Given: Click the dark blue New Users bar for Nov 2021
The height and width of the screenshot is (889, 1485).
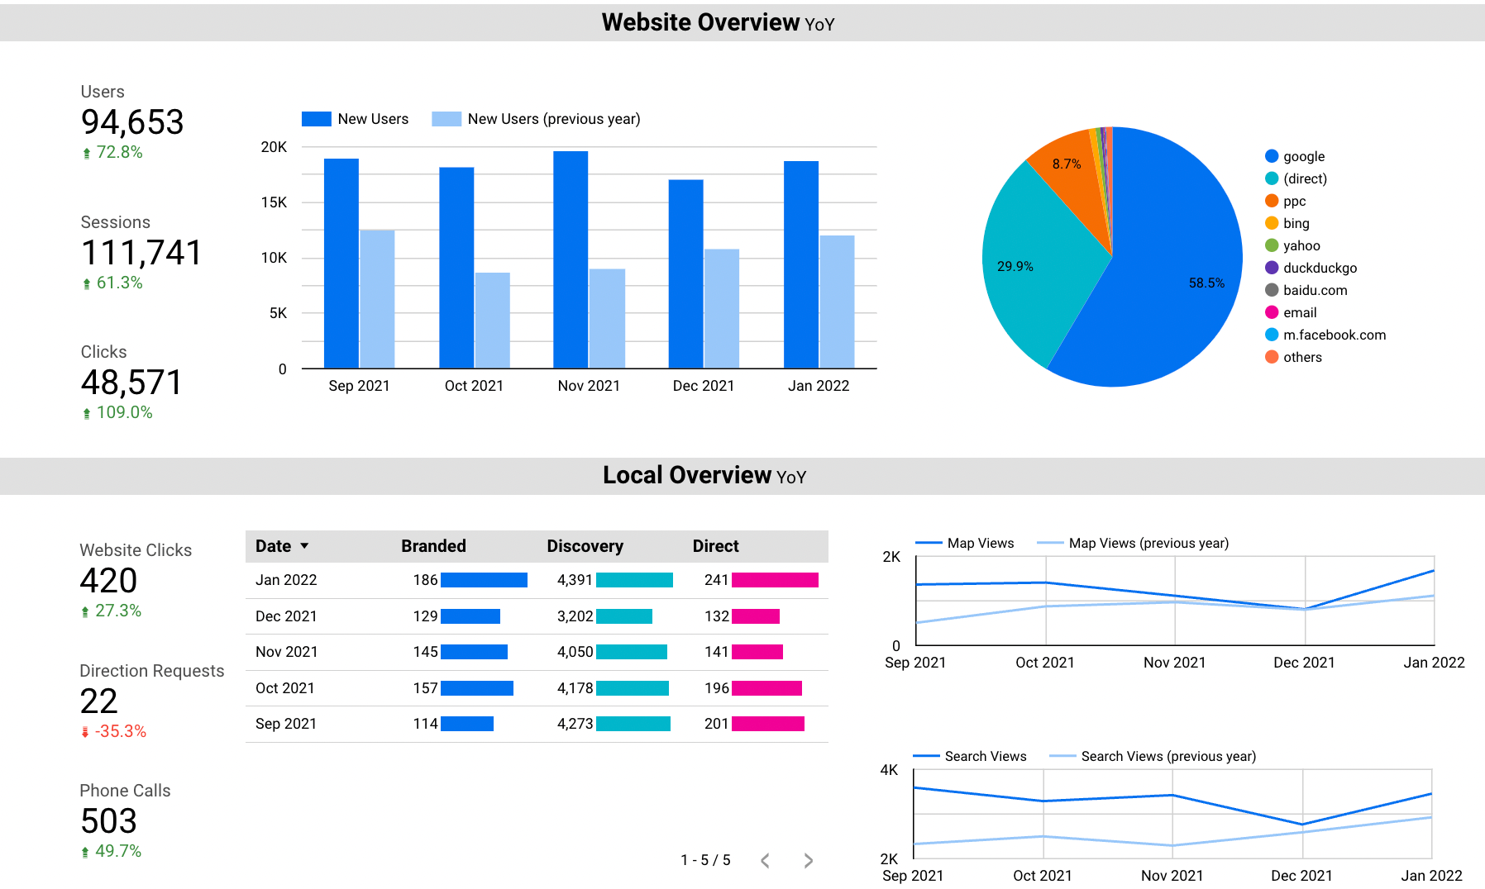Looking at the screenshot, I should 571,260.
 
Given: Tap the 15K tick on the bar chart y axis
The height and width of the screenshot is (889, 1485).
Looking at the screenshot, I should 274,202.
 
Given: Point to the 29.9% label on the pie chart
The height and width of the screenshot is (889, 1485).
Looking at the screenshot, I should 1015,266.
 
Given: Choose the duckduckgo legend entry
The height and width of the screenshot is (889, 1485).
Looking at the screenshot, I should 1320,268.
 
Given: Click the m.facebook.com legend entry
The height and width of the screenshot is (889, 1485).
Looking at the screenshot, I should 1334,335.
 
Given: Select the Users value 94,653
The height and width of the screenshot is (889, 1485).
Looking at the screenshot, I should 132,122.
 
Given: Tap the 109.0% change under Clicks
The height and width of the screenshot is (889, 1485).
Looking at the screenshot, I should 124,412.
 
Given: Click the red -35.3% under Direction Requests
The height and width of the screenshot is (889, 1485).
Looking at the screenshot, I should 120,731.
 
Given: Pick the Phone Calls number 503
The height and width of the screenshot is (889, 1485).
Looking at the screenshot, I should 108,821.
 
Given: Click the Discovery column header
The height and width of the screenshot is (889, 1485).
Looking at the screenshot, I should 585,546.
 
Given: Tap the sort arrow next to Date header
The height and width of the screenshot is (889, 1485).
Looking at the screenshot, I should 304,546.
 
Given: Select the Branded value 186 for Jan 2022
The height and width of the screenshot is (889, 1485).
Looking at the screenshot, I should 425,580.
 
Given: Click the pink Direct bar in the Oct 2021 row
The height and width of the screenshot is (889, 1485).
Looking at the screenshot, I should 766,688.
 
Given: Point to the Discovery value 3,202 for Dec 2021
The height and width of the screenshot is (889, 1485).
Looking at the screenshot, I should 575,616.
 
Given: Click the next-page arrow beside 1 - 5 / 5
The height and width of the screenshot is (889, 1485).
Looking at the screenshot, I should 808,861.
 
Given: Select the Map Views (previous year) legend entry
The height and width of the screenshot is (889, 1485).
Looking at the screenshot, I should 1148,543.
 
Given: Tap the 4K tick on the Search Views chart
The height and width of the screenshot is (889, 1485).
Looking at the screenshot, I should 889,770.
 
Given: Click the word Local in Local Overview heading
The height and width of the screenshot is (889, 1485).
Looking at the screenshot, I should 633,476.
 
